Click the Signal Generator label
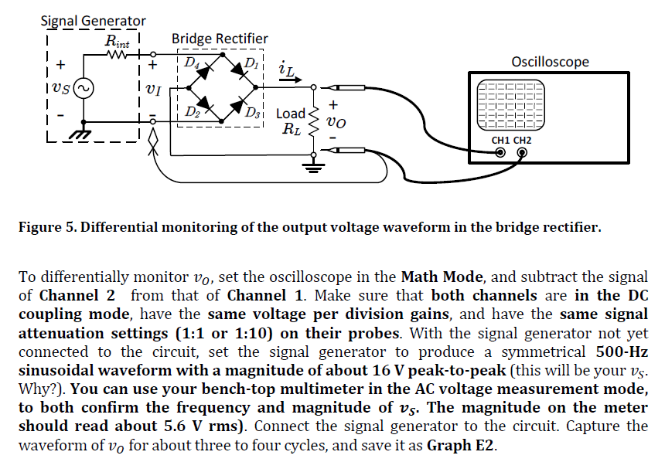[93, 21]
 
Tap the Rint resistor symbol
[118, 55]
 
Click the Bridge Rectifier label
[220, 39]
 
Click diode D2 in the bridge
[203, 104]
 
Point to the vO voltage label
[336, 121]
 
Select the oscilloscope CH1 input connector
[500, 153]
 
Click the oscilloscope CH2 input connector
[523, 153]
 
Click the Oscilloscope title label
[550, 62]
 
